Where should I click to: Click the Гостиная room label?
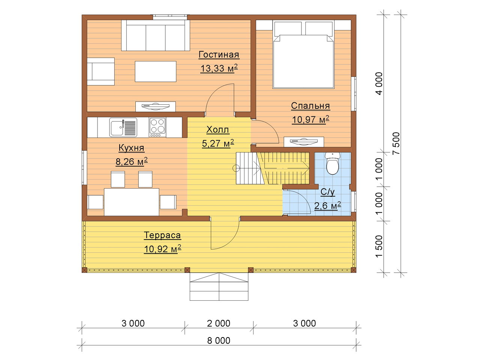[219, 55]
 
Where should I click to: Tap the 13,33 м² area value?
[219, 68]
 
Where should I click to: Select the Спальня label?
[310, 106]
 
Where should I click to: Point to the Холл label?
[217, 130]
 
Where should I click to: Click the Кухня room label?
[131, 148]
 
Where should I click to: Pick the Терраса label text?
[162, 235]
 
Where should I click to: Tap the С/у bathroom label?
[327, 192]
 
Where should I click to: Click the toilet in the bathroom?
[332, 163]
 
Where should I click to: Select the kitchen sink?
[123, 127]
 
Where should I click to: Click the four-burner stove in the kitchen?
[157, 127]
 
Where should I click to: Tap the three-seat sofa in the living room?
[156, 35]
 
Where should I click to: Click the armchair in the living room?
[100, 72]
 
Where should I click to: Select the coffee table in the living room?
[156, 72]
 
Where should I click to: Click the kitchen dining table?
[131, 202]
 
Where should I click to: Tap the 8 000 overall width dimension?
[219, 340]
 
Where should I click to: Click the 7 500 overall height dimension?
[396, 143]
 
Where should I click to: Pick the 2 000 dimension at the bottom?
[219, 323]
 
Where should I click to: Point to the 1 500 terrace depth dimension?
[379, 246]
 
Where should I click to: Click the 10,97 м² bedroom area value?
[310, 120]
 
